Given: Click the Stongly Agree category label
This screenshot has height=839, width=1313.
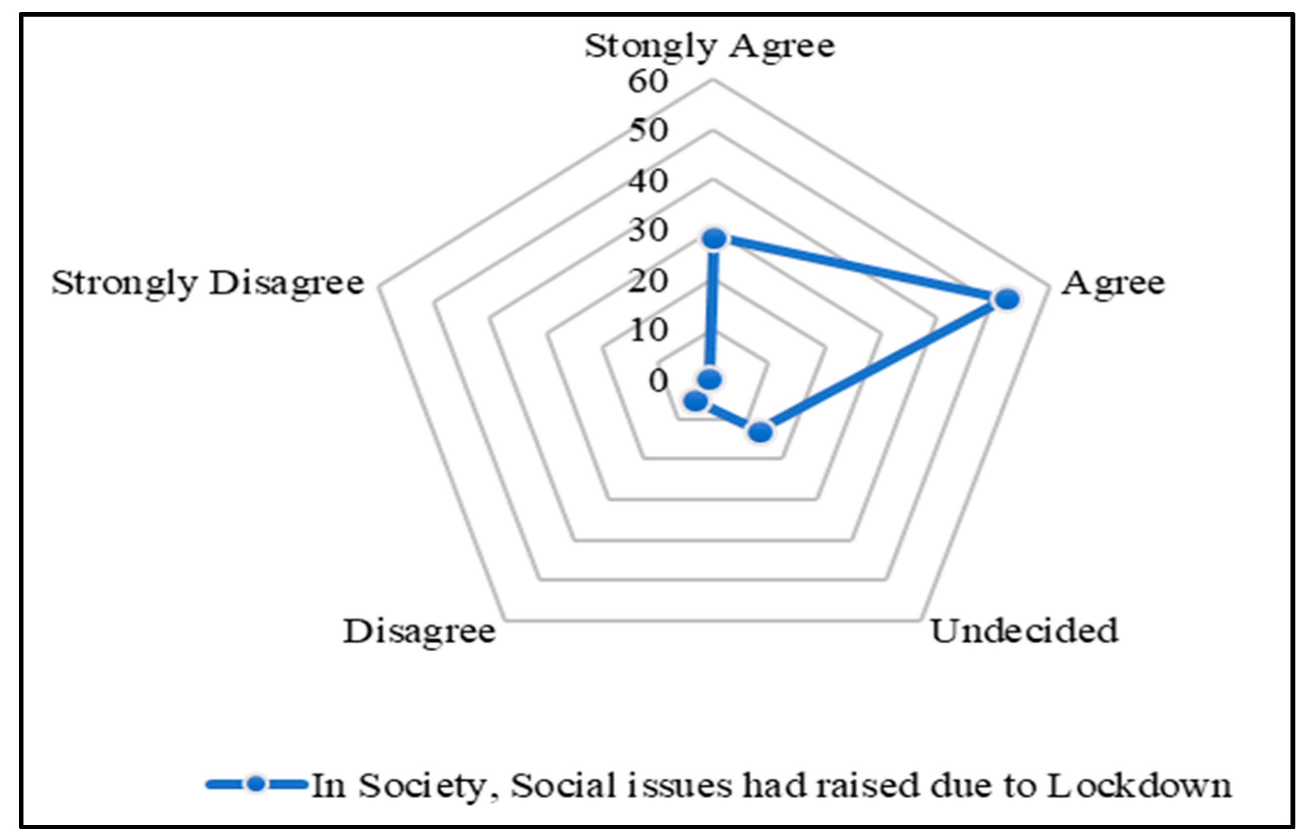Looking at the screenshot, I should click(709, 46).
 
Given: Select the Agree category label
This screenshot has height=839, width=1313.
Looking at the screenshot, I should click(1112, 283).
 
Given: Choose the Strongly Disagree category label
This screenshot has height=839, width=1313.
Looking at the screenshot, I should click(208, 283).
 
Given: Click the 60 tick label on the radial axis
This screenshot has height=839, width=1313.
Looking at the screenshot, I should click(648, 82).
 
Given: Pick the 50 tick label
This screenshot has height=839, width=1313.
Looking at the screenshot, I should click(648, 131).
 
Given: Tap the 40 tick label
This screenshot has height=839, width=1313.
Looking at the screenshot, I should click(648, 181).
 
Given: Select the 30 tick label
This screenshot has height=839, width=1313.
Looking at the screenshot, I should click(648, 230).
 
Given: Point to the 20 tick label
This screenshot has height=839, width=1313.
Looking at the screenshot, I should click(648, 281).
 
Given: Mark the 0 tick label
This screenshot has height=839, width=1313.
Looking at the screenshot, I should click(658, 381).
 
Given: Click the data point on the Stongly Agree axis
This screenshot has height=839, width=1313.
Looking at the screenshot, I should click(714, 239).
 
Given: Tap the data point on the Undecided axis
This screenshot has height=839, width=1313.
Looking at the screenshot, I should click(760, 432).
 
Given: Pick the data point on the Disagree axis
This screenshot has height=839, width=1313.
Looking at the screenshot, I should click(696, 402).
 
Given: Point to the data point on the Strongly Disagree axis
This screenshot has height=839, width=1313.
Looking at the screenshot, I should click(710, 378).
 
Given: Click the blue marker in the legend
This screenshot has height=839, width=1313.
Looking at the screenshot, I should click(256, 785).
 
